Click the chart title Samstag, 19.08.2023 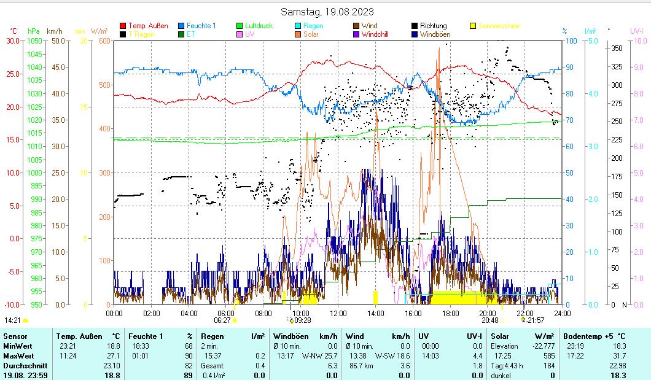pos(327,12)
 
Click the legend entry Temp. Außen pos(147,26)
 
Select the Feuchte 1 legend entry pos(201,26)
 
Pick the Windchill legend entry pos(378,34)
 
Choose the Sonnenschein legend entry pos(499,26)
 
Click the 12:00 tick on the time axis pos(338,313)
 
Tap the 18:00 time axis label pos(450,313)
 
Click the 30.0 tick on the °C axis pos(12,41)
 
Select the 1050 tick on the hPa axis pos(34,41)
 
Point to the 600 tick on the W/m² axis pos(103,41)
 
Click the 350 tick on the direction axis pos(617,48)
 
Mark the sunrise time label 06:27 pos(222,320)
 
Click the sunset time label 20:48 pos(489,320)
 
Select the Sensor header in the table pos(15,336)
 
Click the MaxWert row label pos(18,355)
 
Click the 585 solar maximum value pos(548,355)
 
